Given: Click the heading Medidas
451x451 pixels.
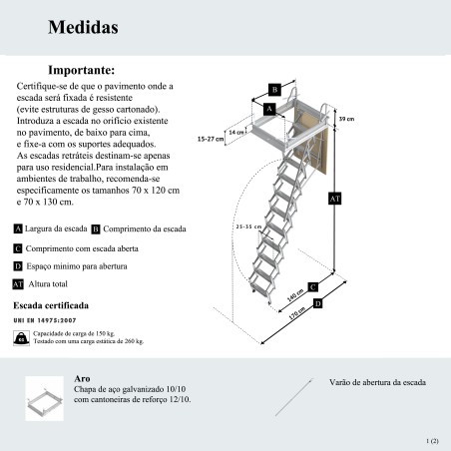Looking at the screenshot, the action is (83, 27).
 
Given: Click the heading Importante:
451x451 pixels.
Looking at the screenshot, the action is (82, 70).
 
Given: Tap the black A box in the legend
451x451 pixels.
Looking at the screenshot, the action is (18, 228).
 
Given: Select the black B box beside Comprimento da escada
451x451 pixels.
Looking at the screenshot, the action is (96, 229).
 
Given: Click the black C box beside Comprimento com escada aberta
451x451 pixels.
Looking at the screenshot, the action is (18, 248).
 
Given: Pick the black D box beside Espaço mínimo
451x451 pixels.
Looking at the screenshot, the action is (18, 266).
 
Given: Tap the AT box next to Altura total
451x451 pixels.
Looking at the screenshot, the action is (18, 284).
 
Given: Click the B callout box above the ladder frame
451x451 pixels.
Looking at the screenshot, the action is (274, 90).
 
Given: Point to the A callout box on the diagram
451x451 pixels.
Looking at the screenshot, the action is (269, 109).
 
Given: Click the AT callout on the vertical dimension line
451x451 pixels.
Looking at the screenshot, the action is (334, 199).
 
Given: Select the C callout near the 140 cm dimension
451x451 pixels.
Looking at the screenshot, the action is (312, 287).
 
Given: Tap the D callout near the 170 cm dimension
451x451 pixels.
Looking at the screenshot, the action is (318, 303).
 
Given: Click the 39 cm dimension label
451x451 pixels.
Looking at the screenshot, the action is (346, 119).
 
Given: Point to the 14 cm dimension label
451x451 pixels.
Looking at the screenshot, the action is (236, 132).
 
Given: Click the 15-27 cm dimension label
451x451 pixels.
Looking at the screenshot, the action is (211, 139).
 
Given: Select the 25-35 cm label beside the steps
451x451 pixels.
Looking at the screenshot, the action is (248, 226).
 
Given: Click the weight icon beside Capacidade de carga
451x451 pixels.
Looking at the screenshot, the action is (21, 338).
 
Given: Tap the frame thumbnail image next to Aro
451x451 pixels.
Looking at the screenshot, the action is (45, 398).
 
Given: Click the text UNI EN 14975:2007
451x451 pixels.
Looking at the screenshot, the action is (45, 320).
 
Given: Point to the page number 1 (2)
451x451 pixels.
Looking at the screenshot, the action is (432, 441).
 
